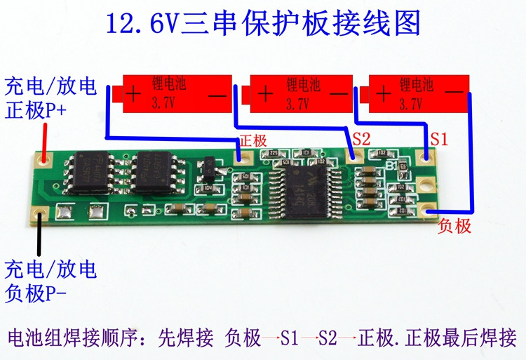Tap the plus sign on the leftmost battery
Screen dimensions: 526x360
coord(135,94)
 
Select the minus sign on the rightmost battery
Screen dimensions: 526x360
coord(454,92)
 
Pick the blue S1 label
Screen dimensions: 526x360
coord(438,139)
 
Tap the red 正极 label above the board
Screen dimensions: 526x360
coord(253,140)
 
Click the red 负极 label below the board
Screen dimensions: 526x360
coord(454,226)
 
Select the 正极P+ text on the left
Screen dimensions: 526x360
coord(35,110)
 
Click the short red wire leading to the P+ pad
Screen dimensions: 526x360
coord(45,138)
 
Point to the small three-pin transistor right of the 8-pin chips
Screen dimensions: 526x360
coord(208,168)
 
